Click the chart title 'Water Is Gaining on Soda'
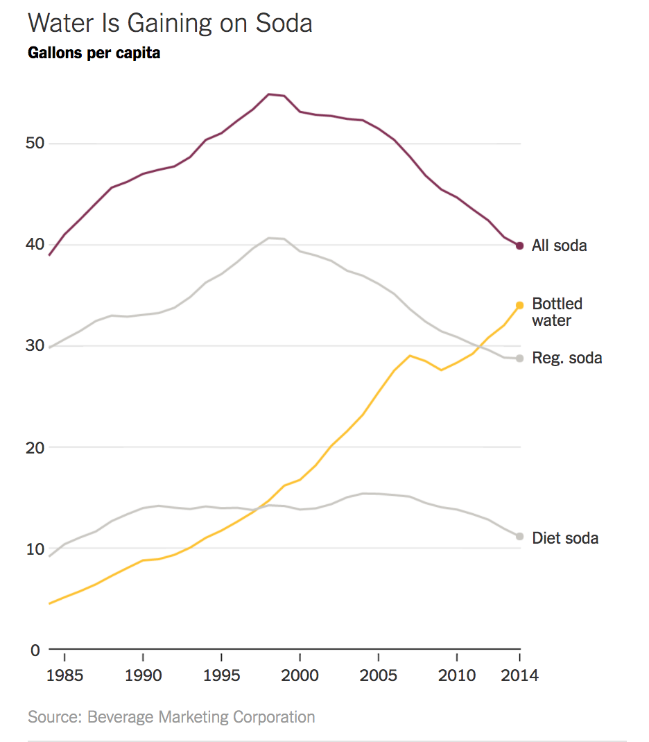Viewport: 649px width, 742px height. click(x=170, y=23)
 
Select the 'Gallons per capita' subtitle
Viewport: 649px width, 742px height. click(x=94, y=53)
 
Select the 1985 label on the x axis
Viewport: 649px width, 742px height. click(x=64, y=675)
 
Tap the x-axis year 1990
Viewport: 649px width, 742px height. click(x=143, y=675)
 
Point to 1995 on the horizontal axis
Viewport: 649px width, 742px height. click(x=221, y=675)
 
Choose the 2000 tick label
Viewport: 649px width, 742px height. click(x=300, y=675)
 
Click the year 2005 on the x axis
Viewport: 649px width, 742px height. click(x=378, y=675)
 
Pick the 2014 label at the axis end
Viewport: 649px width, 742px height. click(x=519, y=675)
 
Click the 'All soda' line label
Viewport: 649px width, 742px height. click(x=559, y=245)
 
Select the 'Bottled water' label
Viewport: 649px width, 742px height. click(x=557, y=312)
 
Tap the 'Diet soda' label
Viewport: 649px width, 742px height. click(x=565, y=538)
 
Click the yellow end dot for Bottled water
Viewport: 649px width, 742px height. click(x=519, y=305)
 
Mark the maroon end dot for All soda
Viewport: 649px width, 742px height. click(x=519, y=245)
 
